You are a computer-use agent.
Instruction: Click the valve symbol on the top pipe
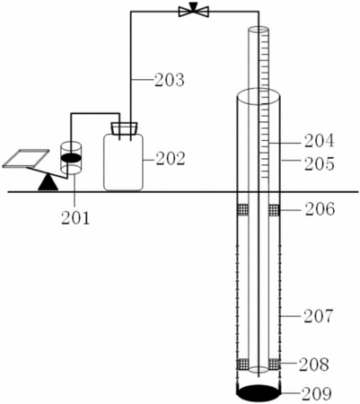click(x=194, y=11)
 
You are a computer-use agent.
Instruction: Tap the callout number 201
click(x=75, y=218)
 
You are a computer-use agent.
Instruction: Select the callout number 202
click(x=171, y=159)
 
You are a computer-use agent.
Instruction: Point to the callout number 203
click(x=170, y=80)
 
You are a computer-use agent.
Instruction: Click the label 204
click(x=319, y=141)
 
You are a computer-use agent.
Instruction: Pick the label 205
click(x=320, y=164)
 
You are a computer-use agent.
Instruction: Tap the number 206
click(x=320, y=209)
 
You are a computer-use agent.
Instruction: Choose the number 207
click(x=318, y=316)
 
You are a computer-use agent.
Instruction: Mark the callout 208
click(x=314, y=364)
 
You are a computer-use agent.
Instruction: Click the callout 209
click(x=317, y=394)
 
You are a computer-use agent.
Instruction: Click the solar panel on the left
click(x=26, y=158)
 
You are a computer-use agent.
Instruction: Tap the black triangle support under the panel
click(x=48, y=182)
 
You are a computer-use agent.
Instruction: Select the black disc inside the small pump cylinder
click(x=71, y=158)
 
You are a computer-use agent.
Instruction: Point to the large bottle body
click(x=123, y=162)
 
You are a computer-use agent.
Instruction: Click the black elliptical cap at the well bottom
click(x=259, y=393)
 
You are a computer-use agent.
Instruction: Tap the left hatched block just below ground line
click(x=242, y=210)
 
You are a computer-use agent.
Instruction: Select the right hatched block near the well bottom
click(x=274, y=364)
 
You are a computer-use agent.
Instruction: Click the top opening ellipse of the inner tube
click(x=259, y=30)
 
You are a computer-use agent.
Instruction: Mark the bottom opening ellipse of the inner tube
click(x=259, y=369)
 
